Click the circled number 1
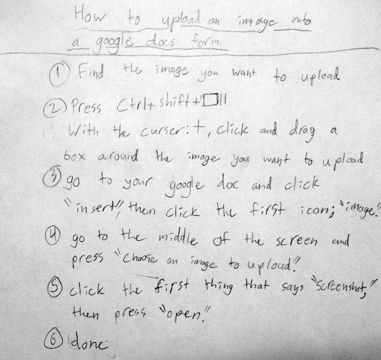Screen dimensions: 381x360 pos(60,73)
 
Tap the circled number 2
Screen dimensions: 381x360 pos(55,108)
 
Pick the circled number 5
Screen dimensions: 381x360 pos(55,287)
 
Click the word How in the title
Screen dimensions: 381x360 pos(90,15)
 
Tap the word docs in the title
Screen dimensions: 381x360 pos(160,41)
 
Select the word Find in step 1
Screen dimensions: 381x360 pos(91,71)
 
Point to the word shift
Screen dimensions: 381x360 pos(174,101)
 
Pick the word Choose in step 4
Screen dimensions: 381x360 pos(140,258)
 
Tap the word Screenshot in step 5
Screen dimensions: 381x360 pos(341,288)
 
